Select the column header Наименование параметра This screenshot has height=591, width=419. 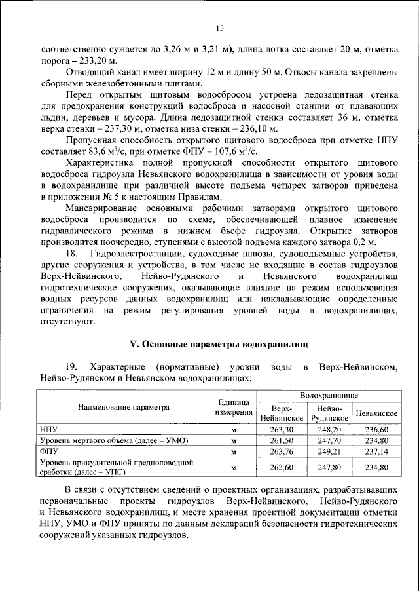(124, 407)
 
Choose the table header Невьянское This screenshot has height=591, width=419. (376, 414)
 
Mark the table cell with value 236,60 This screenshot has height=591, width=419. (376, 429)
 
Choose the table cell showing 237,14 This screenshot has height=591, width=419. (376, 451)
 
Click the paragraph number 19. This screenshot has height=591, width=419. (72, 367)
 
